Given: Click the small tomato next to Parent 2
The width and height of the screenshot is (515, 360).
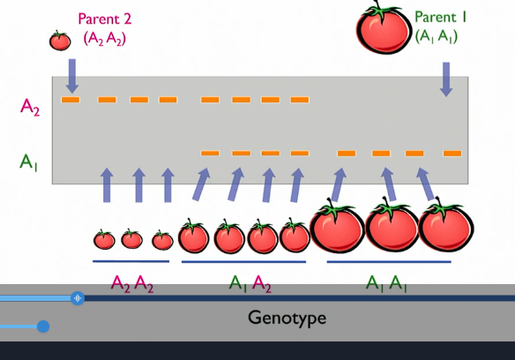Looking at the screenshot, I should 60,41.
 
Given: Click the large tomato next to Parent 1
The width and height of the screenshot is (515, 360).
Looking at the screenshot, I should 384,30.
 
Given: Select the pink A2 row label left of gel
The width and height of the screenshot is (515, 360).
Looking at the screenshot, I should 31,107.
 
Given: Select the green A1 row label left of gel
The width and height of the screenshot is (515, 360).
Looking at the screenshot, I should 30,161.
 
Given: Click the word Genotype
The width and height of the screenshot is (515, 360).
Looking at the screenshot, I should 287,317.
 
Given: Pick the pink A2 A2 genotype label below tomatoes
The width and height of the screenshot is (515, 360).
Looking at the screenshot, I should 132,283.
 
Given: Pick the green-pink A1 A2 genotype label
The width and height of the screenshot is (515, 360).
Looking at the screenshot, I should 250,283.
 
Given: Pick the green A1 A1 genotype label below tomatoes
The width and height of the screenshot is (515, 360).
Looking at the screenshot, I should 387,283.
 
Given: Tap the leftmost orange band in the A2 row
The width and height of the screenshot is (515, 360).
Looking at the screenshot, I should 71,100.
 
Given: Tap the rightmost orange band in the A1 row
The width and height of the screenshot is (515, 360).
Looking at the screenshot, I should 452,154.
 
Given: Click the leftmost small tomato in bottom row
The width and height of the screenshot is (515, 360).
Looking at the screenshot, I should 104,239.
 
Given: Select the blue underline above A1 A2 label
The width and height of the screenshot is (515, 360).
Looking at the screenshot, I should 243,262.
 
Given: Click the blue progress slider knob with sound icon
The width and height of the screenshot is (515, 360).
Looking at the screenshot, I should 78,298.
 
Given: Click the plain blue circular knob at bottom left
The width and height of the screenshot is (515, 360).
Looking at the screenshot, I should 42,326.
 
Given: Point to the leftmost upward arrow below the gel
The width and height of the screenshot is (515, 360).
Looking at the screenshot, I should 108,185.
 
